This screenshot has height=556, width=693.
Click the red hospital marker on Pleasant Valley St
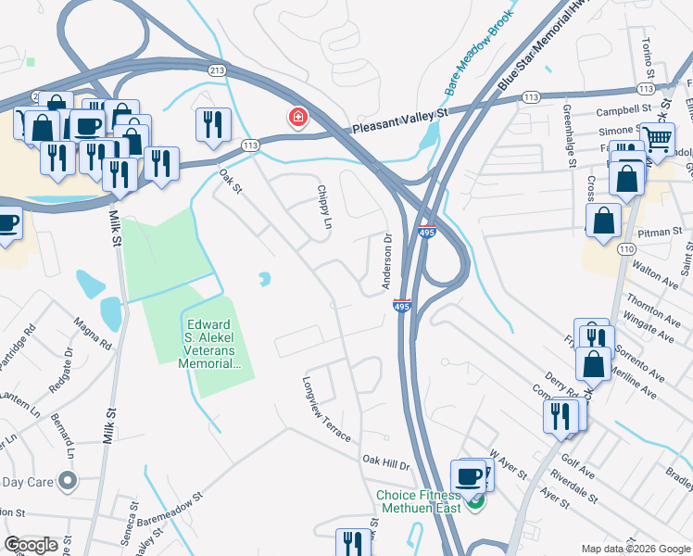298,118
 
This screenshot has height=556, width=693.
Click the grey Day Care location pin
67,480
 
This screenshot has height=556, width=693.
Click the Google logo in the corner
31,545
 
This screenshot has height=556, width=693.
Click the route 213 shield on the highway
217,70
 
